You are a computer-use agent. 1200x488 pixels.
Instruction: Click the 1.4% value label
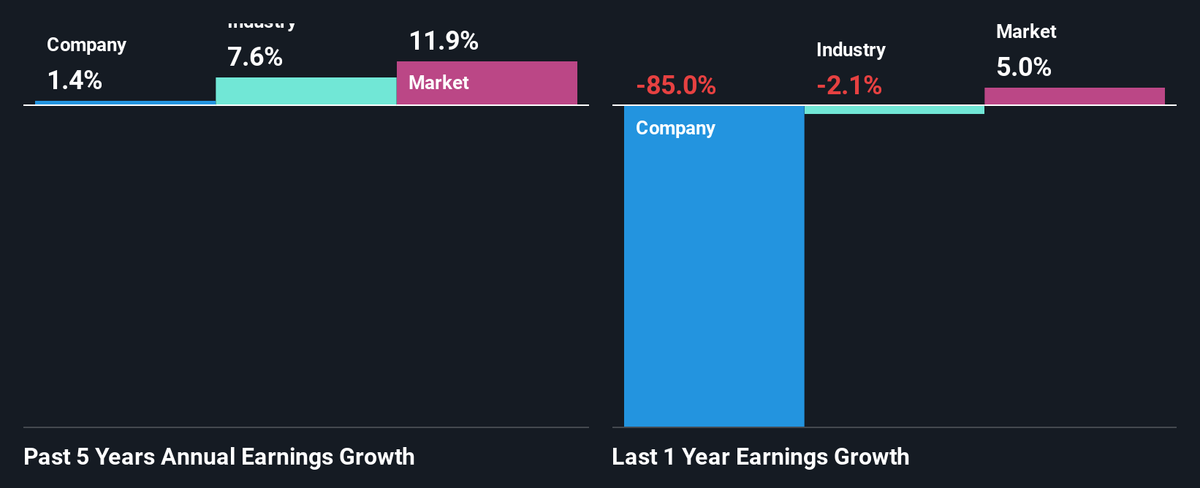coord(75,80)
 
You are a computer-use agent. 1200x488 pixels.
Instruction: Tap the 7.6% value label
coord(255,57)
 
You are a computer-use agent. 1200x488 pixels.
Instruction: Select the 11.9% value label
coord(444,41)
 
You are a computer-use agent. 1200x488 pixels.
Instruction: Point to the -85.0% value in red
coord(676,85)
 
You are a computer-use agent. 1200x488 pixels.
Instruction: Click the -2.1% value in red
coord(849,85)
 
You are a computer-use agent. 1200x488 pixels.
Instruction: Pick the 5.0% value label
coord(1024,67)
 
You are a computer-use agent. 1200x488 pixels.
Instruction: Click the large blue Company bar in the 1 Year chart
coord(714,278)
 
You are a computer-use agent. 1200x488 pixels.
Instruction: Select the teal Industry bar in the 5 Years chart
coord(306,91)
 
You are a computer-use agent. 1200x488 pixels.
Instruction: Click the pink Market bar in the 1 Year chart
coord(1074,96)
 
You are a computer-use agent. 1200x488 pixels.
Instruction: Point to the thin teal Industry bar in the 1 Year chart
coord(895,110)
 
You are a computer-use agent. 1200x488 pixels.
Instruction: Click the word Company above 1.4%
coord(86,45)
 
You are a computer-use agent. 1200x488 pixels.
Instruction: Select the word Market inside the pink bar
coord(438,83)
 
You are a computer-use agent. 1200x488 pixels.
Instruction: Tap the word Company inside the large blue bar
coord(675,129)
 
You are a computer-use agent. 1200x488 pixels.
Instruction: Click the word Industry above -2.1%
coord(851,50)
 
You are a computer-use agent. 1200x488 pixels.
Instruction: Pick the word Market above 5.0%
coord(1026,31)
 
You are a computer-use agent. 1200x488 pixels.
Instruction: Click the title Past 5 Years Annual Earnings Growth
coord(219,457)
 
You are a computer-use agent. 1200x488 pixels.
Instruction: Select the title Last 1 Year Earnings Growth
coord(761,457)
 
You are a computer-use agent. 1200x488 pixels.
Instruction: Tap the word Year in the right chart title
coord(706,457)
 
